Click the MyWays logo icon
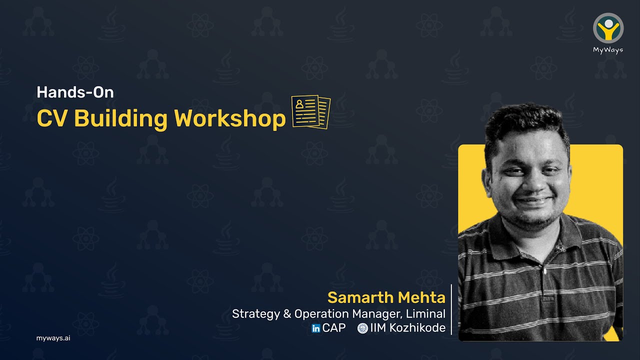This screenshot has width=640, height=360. click(x=608, y=27)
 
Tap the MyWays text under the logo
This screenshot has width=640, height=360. click(x=608, y=50)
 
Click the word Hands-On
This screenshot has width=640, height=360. click(x=75, y=92)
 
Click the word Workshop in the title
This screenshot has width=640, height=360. click(x=230, y=119)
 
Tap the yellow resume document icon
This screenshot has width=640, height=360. click(x=311, y=112)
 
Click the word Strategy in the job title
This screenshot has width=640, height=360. click(x=254, y=314)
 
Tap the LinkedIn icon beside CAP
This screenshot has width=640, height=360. click(x=316, y=328)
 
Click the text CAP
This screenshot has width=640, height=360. click(x=334, y=328)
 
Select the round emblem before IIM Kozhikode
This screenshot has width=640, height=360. click(x=362, y=328)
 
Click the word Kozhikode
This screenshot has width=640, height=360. click(x=418, y=328)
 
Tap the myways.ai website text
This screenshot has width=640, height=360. click(x=53, y=338)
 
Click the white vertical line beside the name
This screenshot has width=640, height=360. click(x=451, y=309)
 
